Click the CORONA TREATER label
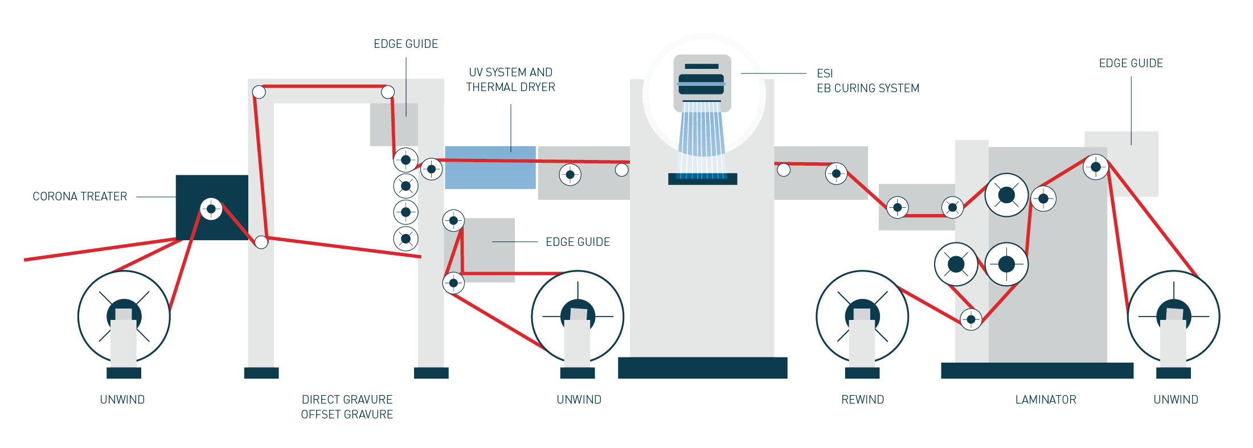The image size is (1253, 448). (x=80, y=196)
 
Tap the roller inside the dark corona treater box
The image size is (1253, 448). (x=211, y=209)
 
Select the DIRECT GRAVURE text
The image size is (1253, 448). (x=347, y=400)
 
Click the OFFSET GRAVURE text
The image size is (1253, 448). (x=347, y=414)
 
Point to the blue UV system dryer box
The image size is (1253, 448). (x=490, y=167)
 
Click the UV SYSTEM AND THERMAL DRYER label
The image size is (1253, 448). (x=510, y=80)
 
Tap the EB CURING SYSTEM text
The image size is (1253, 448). (x=868, y=88)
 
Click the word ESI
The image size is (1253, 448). (x=825, y=73)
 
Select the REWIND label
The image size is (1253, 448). (x=862, y=400)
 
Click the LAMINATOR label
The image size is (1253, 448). (x=1046, y=400)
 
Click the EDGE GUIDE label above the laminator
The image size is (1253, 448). (x=1131, y=63)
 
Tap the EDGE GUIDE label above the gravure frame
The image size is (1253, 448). (x=406, y=44)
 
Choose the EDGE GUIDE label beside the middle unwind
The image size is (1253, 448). (x=578, y=242)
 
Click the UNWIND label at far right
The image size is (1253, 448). (x=1176, y=400)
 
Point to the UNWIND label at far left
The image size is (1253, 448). (x=122, y=400)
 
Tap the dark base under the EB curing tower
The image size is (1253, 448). (x=702, y=368)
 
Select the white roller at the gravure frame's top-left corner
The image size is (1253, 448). (x=259, y=92)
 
